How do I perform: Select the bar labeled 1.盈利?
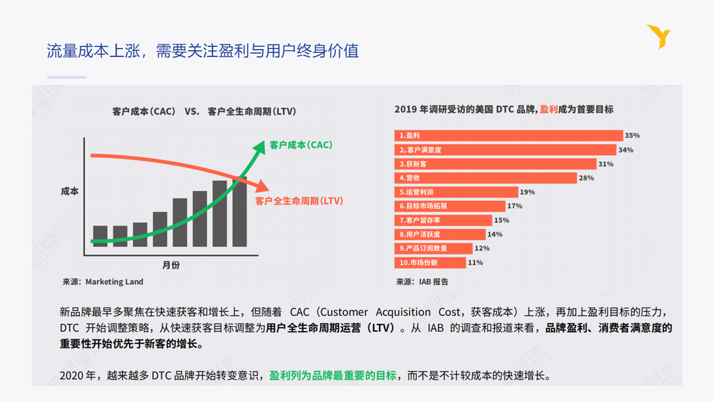coord(509,136)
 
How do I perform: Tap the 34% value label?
coord(625,150)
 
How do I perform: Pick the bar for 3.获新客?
coord(495,164)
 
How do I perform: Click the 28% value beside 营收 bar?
coord(586,178)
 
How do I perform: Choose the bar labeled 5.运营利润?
coord(456,192)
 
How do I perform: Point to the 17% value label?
coord(514,206)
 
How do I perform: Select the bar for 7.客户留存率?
coord(444,220)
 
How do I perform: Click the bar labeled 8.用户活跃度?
coord(440,234)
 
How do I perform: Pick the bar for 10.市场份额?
coord(430,262)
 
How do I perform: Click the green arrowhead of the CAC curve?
coord(258,147)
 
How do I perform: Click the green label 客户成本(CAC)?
coord(301,145)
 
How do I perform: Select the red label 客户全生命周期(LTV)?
coord(299,200)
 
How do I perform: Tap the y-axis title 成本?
coord(69,191)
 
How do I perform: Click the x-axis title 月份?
coord(171,265)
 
